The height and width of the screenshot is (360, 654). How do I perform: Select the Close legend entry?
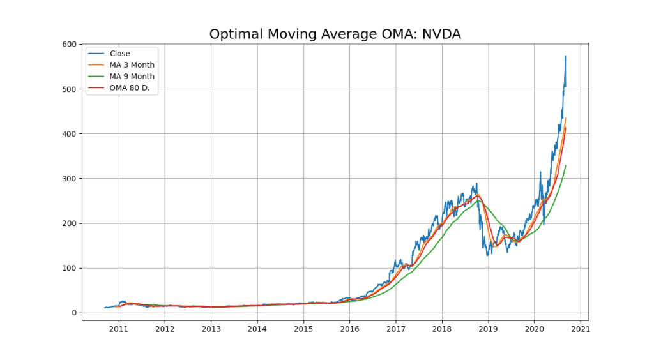119,54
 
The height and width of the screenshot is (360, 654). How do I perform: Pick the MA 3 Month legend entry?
132,65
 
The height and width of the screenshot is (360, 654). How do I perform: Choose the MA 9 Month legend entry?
132,77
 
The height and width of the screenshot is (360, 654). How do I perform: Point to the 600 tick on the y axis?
70,44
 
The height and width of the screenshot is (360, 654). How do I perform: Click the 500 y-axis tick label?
70,89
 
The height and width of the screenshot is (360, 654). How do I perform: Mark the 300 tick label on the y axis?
70,178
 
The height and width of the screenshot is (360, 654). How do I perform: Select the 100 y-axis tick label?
70,268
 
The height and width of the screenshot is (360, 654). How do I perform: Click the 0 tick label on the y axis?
74,313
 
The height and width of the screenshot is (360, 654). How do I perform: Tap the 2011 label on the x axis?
119,329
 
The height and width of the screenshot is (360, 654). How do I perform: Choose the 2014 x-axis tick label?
257,329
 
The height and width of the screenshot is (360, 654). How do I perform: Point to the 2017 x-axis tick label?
396,329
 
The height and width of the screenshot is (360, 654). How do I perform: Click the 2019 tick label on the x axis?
489,329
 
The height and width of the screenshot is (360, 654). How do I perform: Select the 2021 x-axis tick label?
581,329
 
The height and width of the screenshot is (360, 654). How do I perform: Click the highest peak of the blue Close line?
565,56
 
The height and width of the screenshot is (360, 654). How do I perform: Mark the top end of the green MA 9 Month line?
566,165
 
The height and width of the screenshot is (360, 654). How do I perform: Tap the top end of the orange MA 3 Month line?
566,118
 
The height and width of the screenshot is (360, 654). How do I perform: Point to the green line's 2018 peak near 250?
479,200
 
